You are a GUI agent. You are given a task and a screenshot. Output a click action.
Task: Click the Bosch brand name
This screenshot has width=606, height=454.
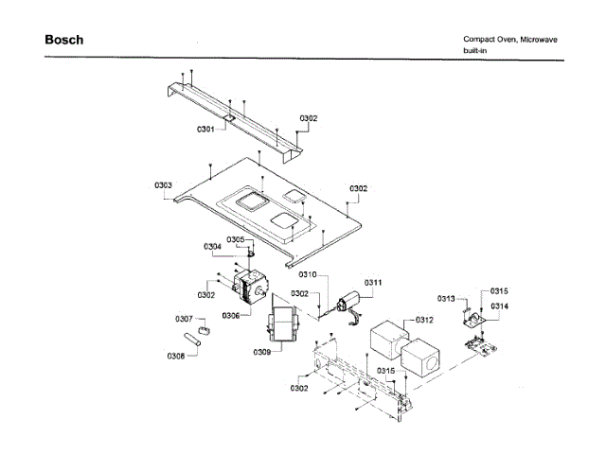(x=63, y=41)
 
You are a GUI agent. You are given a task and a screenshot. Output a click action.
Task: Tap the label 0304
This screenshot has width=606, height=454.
(x=212, y=247)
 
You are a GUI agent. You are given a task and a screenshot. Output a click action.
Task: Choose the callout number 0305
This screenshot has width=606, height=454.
(x=236, y=239)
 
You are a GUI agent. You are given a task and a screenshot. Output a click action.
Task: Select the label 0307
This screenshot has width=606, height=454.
(x=184, y=318)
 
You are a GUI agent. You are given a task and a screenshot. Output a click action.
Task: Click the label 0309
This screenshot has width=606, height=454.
(x=262, y=353)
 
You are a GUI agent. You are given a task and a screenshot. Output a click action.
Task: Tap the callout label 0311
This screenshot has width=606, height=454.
(x=373, y=282)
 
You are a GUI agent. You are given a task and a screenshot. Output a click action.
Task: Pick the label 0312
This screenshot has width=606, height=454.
(x=423, y=320)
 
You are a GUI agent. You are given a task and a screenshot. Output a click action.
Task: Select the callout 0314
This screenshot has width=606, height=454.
(x=499, y=307)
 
